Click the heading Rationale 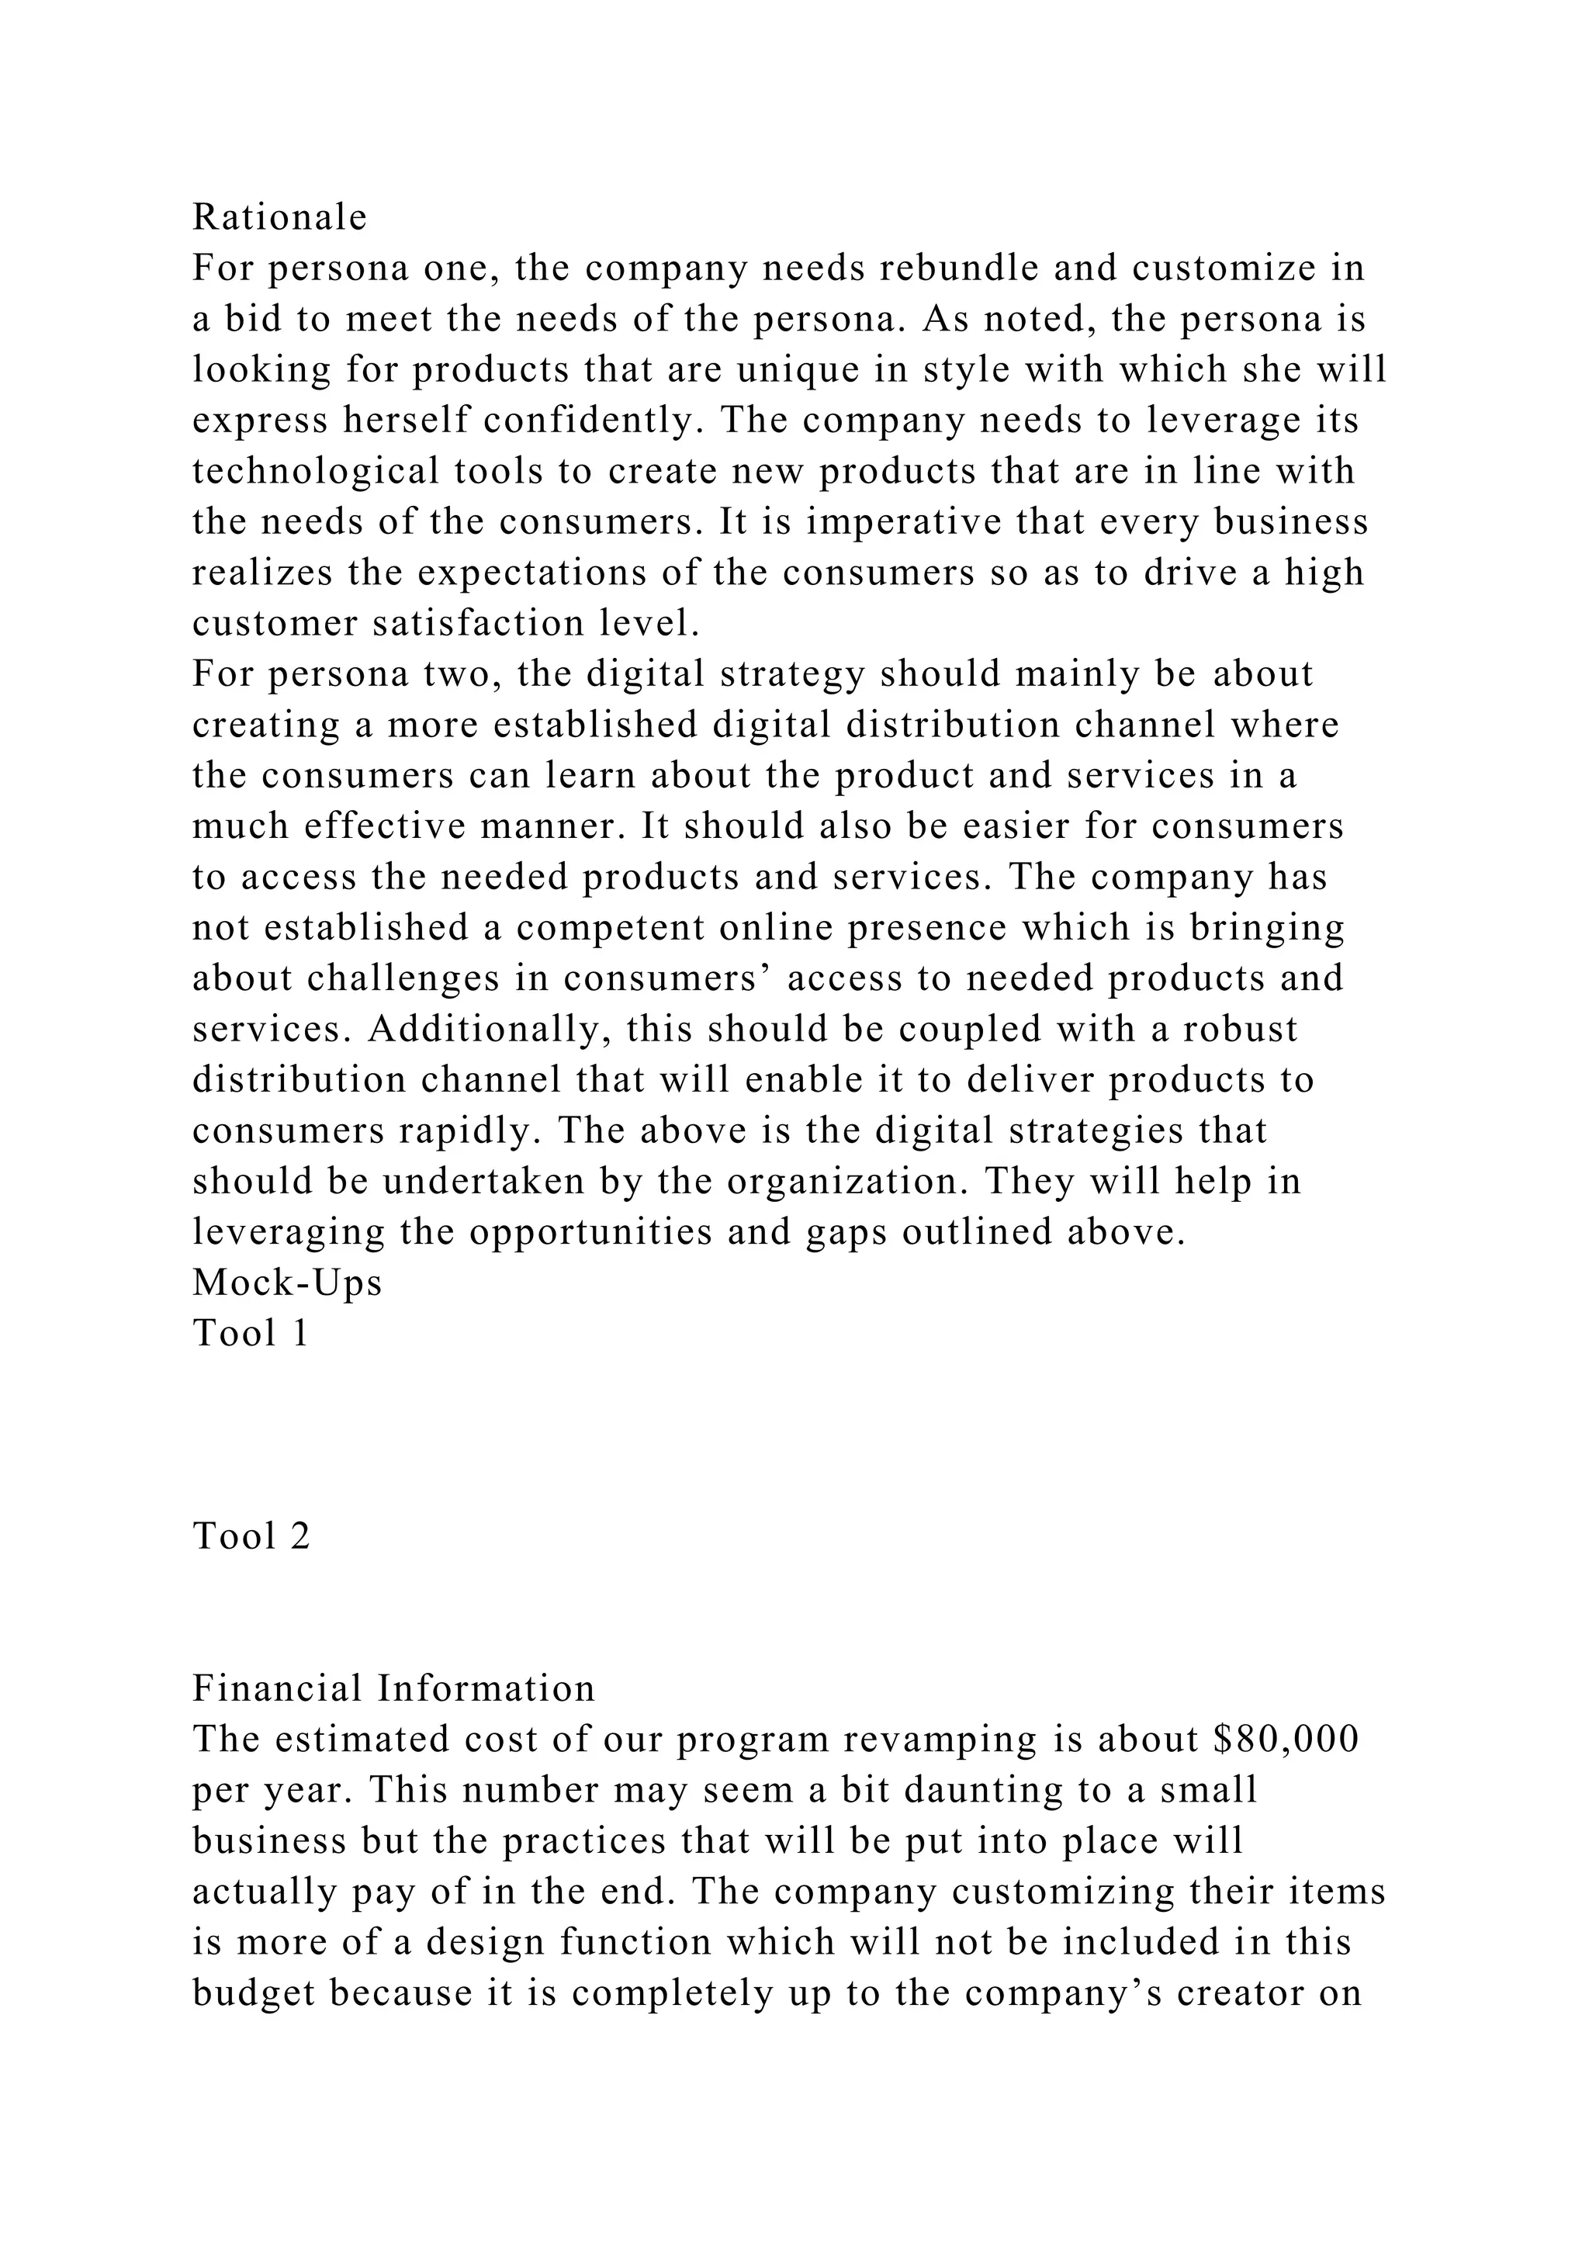(x=280, y=217)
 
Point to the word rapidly (x=469, y=1131)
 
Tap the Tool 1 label (x=251, y=1334)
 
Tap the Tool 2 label (x=251, y=1536)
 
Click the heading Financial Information (x=393, y=1689)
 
